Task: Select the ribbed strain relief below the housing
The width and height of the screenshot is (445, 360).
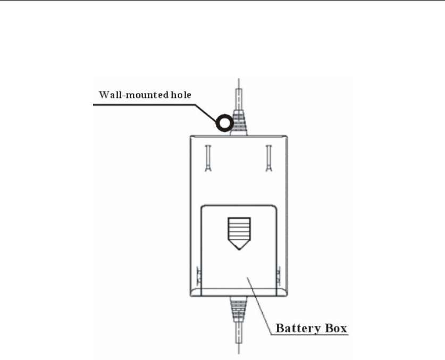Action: coord(238,310)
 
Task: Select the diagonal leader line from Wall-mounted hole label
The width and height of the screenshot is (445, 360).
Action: coord(208,112)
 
